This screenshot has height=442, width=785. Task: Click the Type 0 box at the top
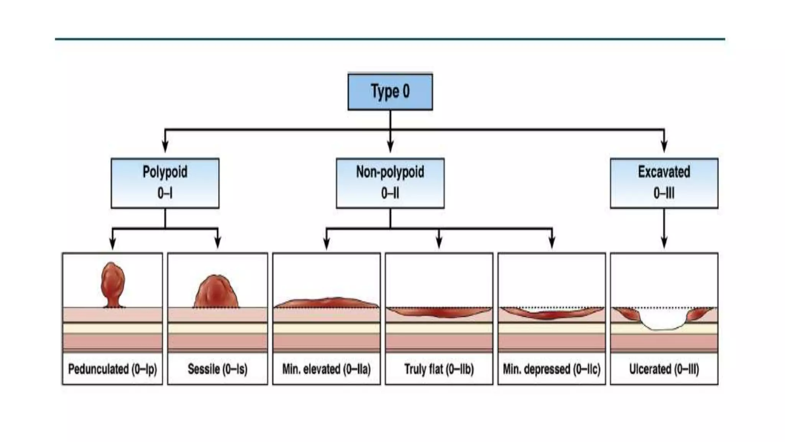390,92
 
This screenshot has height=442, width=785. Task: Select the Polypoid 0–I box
165,183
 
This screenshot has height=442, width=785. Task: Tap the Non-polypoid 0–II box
390,183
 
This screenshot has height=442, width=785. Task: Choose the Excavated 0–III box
664,183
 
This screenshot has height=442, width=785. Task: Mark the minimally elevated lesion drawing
326,303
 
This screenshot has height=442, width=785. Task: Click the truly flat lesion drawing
439,312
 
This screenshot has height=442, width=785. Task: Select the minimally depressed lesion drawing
552,315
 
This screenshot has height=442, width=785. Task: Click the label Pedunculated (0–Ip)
113,369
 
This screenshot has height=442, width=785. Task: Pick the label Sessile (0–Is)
217,369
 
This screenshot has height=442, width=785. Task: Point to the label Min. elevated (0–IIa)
326,369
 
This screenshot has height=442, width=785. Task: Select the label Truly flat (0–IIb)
439,369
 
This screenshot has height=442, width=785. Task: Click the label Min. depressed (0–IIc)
552,369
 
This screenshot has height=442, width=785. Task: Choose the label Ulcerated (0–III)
664,369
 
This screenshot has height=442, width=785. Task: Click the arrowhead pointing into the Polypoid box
165,148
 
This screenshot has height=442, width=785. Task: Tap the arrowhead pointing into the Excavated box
664,148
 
